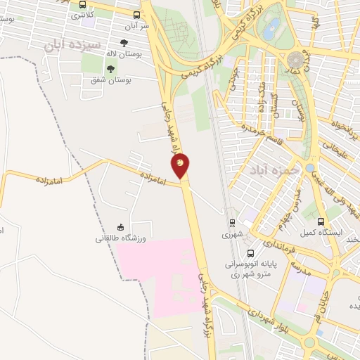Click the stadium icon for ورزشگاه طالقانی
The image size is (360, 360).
120,227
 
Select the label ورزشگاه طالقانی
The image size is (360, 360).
120,238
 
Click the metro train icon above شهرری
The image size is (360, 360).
231,223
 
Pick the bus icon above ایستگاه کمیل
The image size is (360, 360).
321,221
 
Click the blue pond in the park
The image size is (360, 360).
269,28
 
